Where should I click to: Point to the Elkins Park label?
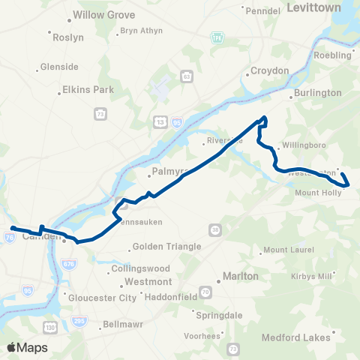tap(86, 89)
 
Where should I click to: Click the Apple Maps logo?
tap(26, 347)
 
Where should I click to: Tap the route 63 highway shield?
tap(185, 76)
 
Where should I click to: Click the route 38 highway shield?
tap(214, 229)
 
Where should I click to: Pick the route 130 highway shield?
tap(49, 327)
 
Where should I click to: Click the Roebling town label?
tap(333, 55)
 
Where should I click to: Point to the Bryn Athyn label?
tap(139, 31)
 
